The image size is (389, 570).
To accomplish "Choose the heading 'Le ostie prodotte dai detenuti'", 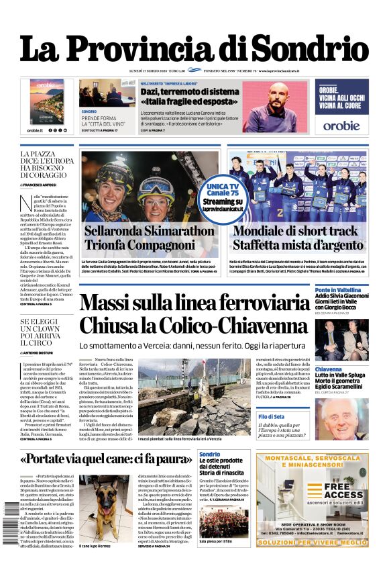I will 221,465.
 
